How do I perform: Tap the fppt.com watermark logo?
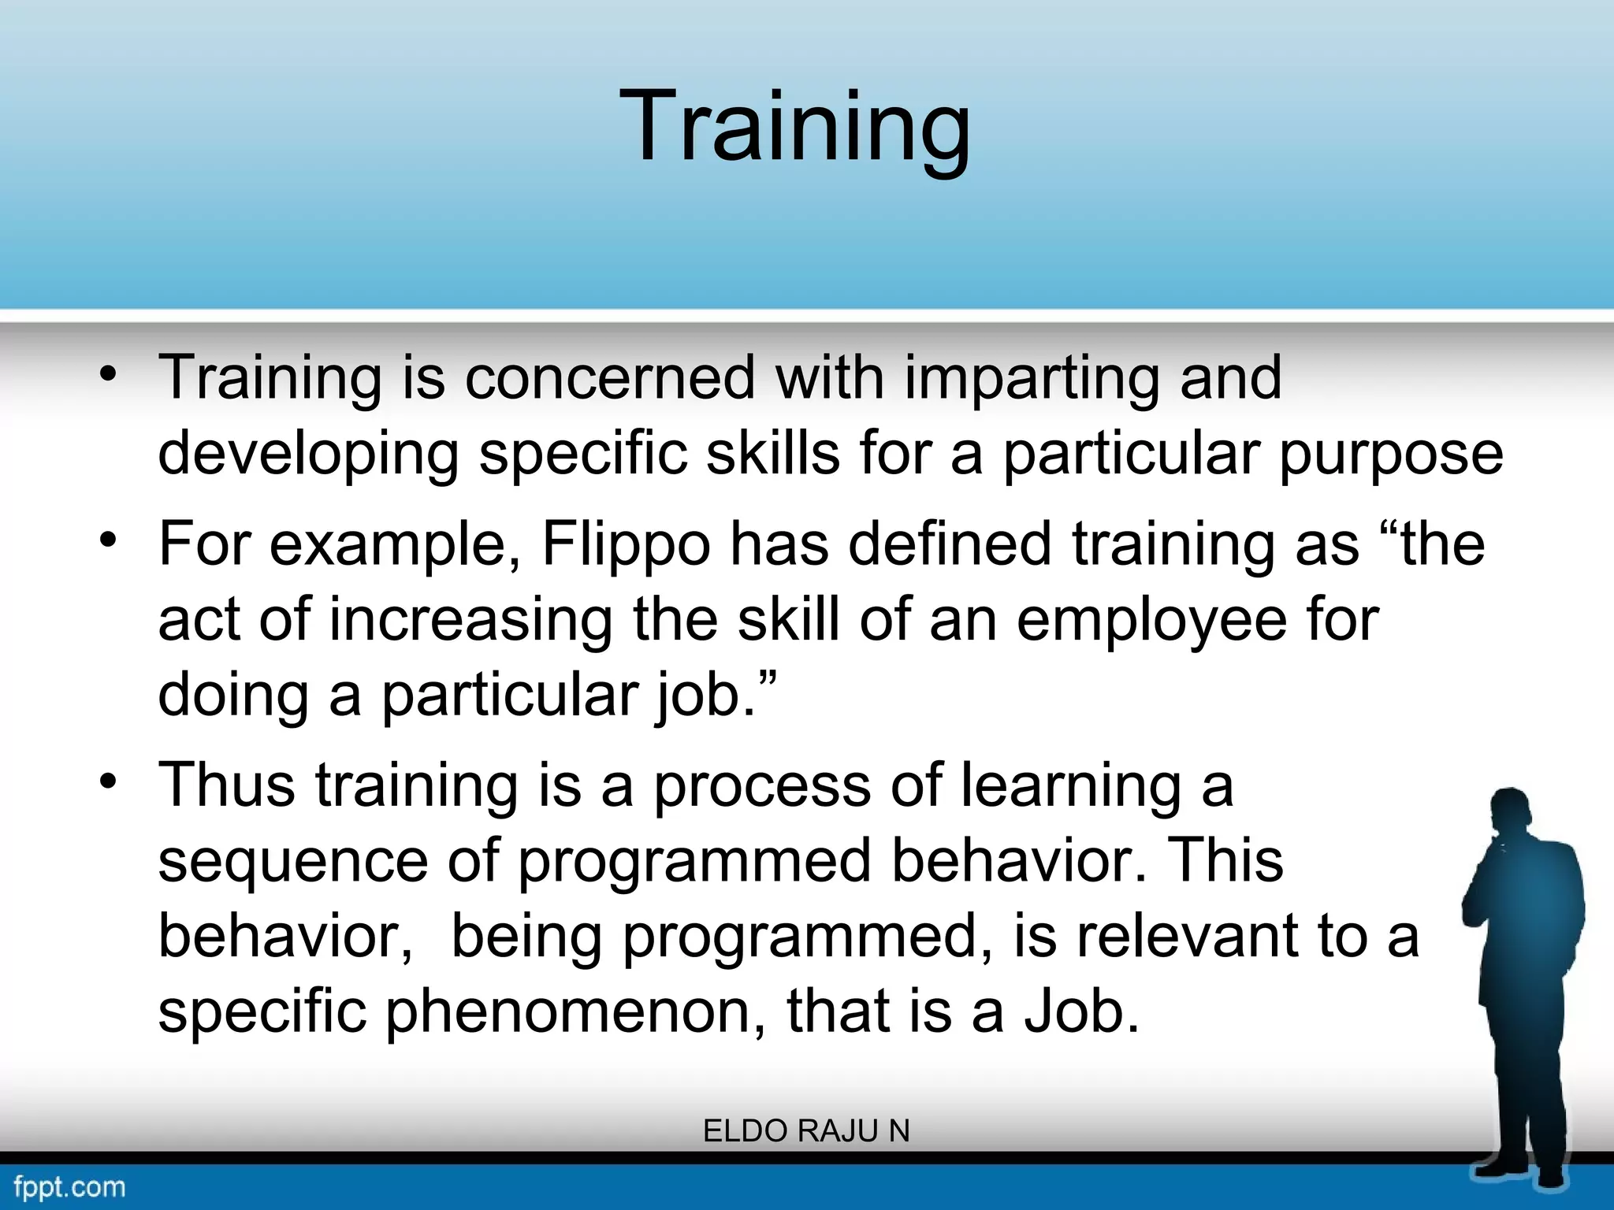point(69,1186)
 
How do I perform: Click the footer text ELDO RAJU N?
point(806,1131)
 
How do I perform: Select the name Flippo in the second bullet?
point(627,544)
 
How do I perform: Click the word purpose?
point(1391,455)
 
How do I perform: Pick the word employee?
point(1151,619)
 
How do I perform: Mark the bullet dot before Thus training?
point(109,781)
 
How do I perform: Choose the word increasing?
point(471,619)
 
